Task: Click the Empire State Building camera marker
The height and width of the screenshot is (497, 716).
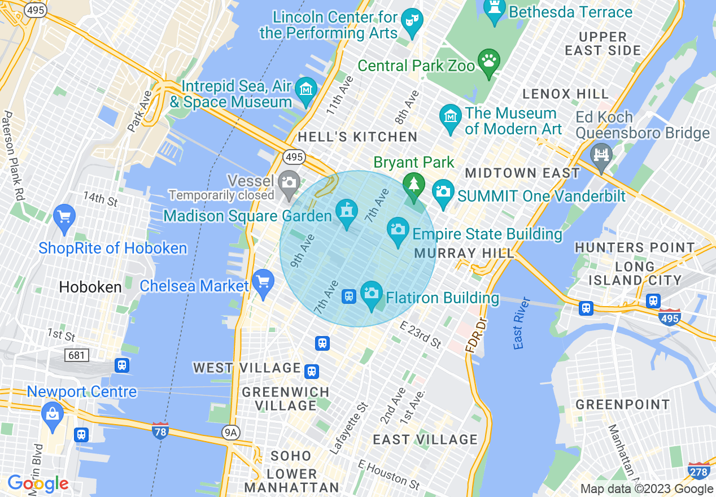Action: (x=398, y=230)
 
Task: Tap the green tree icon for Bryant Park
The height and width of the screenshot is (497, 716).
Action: (x=414, y=185)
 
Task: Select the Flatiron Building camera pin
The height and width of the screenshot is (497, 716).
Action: (x=371, y=293)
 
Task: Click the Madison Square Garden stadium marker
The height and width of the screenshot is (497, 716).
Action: (x=346, y=212)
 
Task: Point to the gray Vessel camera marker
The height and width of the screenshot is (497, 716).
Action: (x=289, y=182)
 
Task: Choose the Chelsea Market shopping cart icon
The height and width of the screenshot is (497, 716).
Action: (x=263, y=281)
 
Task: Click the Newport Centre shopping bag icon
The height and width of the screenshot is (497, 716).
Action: (x=52, y=414)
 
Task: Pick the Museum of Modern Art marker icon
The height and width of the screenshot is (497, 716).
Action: (x=451, y=117)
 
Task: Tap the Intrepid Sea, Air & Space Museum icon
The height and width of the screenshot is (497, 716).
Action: (x=306, y=90)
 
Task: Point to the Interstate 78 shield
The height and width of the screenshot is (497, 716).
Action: (x=160, y=431)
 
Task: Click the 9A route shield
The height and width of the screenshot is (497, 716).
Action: (x=230, y=433)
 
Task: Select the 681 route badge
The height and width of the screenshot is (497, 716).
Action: (x=77, y=355)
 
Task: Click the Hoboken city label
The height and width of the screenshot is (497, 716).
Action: (x=90, y=287)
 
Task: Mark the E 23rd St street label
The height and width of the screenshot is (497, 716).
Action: (x=420, y=334)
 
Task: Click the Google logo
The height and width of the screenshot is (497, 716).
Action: (x=38, y=484)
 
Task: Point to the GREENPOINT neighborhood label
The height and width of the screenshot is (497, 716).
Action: (x=622, y=404)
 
